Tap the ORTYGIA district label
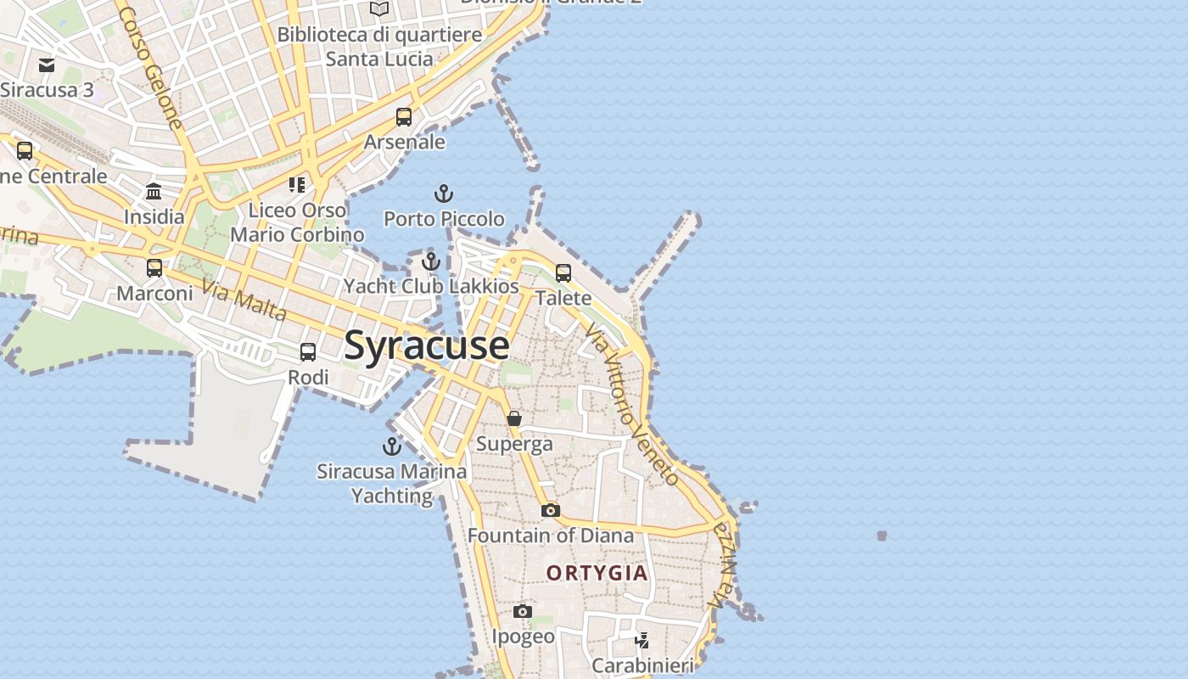pos(597,573)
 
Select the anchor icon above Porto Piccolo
pos(443,194)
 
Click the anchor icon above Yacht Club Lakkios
pos(431,261)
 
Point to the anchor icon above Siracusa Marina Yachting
pos(391,446)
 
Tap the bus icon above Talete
pos(563,273)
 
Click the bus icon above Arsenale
pos(404,117)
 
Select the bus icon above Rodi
pos(308,351)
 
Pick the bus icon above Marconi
pos(154,268)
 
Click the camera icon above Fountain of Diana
pos(550,511)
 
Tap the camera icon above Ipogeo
pos(523,612)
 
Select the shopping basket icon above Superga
pos(514,418)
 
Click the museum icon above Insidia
pos(154,192)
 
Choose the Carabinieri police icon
pos(642,640)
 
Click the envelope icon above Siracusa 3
pos(47,65)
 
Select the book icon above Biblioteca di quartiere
pos(379,9)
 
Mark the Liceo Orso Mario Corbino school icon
pos(296,184)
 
